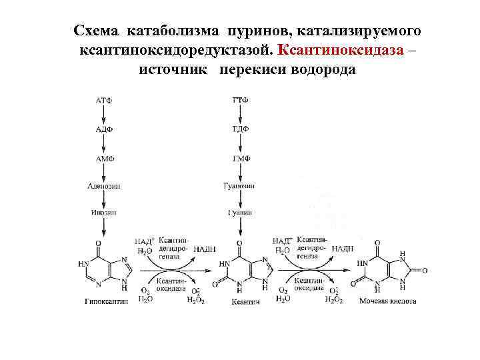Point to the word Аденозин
(104, 186)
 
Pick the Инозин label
(104, 213)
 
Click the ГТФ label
(241, 100)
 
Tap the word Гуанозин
(240, 186)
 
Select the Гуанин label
(240, 213)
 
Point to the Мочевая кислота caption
(387, 301)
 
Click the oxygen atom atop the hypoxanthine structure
(98, 243)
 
